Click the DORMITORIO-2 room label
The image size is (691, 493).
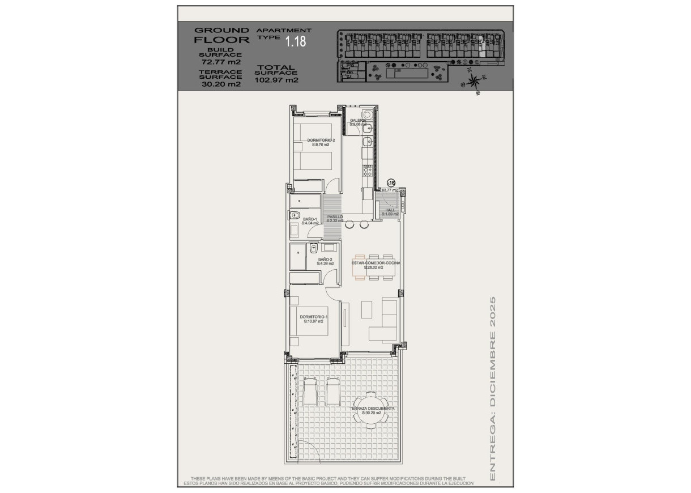coord(321,140)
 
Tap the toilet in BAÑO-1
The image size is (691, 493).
coord(295,215)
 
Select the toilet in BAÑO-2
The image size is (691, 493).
coord(313,247)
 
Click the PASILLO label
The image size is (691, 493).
coord(335,216)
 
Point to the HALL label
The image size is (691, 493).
coord(390,210)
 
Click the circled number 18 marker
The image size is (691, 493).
coord(391,182)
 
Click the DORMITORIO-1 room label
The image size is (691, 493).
coord(314,317)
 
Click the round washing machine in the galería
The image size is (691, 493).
coord(367,113)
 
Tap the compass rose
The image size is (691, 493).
coord(474,81)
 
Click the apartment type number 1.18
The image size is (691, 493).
coord(295,41)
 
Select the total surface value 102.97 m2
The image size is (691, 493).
coord(276,80)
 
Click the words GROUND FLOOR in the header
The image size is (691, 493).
coord(221,35)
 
